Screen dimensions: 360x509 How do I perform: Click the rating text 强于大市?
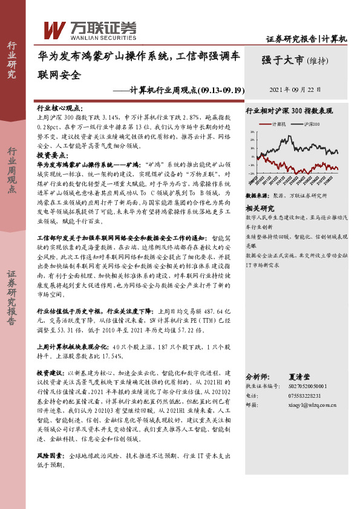(x=283, y=60)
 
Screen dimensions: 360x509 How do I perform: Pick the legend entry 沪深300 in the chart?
(x=312, y=123)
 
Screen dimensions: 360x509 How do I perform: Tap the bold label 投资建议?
(x=51, y=373)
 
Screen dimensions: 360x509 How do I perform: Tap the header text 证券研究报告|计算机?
(x=307, y=39)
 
